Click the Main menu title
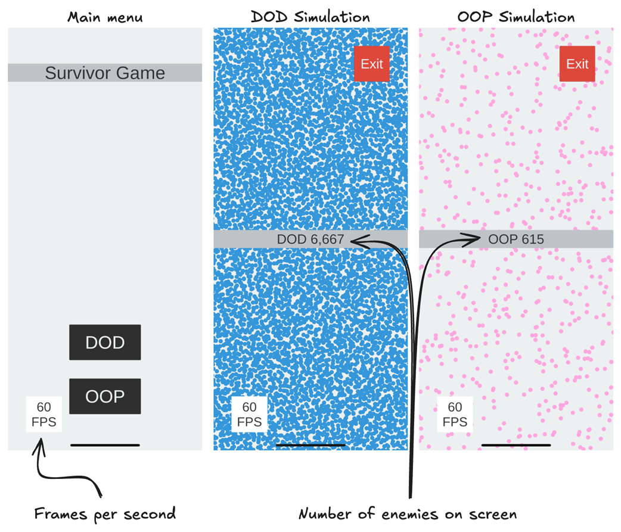(105, 16)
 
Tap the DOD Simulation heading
(310, 16)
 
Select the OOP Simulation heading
(516, 16)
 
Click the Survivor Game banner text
(105, 73)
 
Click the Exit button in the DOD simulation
(371, 64)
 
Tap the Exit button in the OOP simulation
(577, 64)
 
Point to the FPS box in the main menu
(44, 415)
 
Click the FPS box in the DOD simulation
(249, 415)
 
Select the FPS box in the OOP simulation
(455, 415)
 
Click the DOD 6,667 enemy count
(310, 239)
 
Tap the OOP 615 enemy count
(516, 239)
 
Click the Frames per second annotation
(105, 514)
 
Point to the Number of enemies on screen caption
(408, 514)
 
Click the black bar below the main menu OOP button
(105, 445)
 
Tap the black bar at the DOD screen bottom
(310, 445)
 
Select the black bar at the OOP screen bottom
(516, 445)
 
